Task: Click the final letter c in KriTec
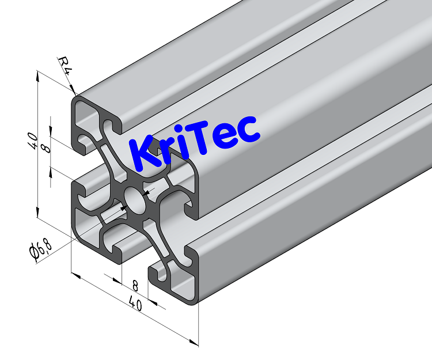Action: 249,131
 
